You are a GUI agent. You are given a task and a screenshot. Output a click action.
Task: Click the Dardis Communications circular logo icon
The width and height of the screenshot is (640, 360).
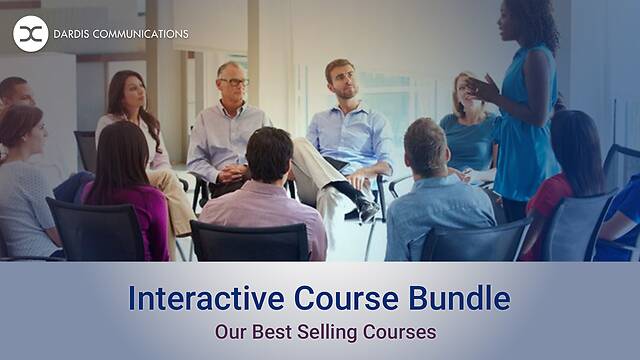31,33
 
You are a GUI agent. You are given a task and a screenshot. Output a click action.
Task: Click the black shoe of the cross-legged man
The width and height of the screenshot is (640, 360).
368,209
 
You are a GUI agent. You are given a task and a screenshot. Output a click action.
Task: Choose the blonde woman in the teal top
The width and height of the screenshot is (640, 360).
467,125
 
